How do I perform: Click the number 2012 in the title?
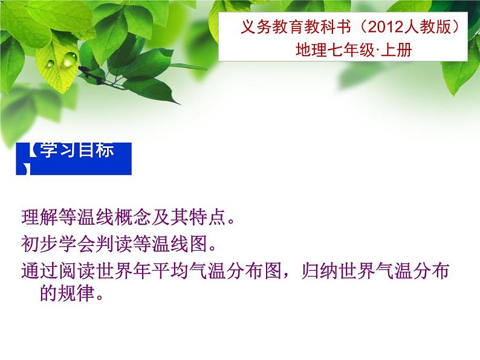tap(386, 27)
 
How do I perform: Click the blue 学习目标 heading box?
tap(74, 159)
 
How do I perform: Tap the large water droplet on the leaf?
tap(70, 59)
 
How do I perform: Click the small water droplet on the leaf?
tap(51, 63)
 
